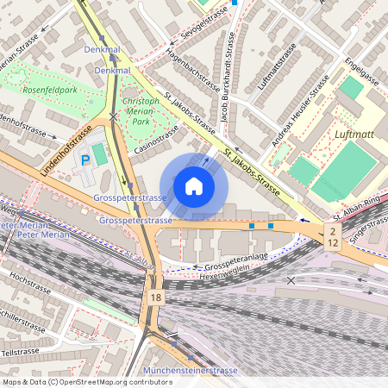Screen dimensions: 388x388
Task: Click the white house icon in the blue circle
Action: [x=194, y=186]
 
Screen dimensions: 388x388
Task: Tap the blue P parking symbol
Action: [x=84, y=160]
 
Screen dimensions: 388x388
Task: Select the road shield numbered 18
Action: [x=154, y=297]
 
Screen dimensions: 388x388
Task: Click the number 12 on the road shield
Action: [x=332, y=243]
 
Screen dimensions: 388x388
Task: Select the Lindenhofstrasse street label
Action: [x=66, y=152]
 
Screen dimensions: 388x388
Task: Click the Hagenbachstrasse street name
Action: [x=192, y=68]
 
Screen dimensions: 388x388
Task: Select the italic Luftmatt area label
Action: [x=354, y=135]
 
